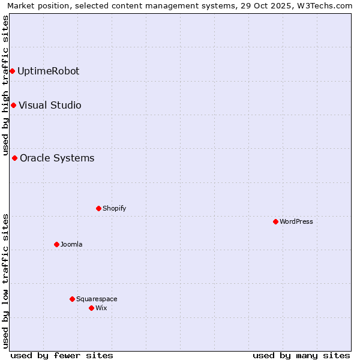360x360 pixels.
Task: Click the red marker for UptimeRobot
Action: click(x=12, y=71)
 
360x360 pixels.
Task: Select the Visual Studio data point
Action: click(x=13, y=106)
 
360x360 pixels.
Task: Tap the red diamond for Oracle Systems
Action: click(x=14, y=158)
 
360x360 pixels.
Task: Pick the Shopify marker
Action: click(x=98, y=209)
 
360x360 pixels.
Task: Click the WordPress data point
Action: click(x=275, y=222)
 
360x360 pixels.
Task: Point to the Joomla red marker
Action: click(x=56, y=244)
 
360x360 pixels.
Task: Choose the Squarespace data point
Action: click(x=72, y=299)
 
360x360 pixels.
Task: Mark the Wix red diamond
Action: click(x=91, y=308)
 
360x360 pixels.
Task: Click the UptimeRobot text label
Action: click(x=48, y=71)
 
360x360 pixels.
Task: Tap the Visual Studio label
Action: click(x=50, y=106)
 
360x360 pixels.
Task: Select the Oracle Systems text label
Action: click(x=57, y=158)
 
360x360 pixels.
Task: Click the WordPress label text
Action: click(x=296, y=222)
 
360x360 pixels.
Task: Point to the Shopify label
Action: click(x=114, y=209)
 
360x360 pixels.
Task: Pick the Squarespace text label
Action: click(x=97, y=299)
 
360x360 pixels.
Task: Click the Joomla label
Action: click(x=71, y=244)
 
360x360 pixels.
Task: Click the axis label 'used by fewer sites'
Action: click(x=62, y=355)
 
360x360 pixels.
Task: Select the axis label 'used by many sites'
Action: click(x=301, y=355)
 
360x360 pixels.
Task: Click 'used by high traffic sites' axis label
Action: click(x=6, y=85)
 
